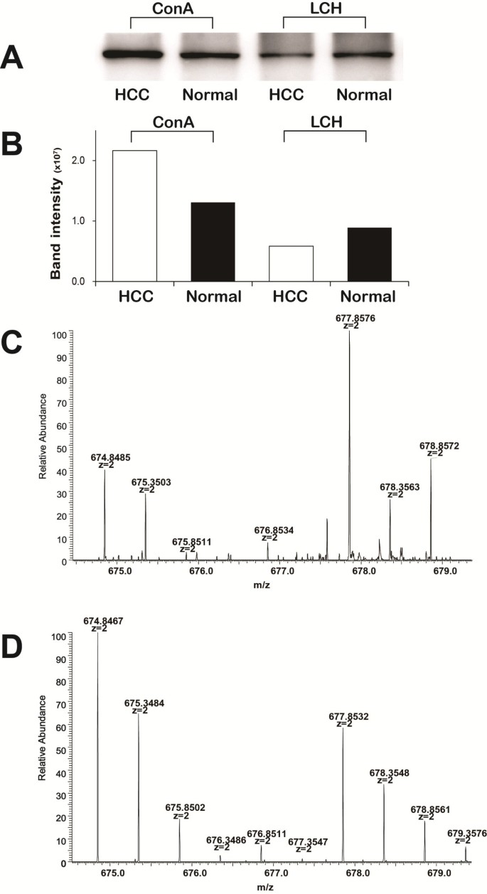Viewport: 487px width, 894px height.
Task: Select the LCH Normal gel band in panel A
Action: tap(365, 54)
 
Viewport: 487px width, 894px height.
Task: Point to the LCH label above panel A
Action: tap(323, 10)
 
